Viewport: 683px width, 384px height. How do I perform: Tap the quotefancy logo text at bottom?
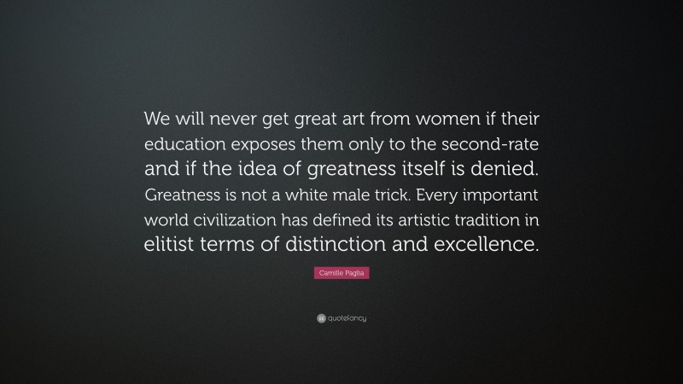(x=346, y=318)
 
